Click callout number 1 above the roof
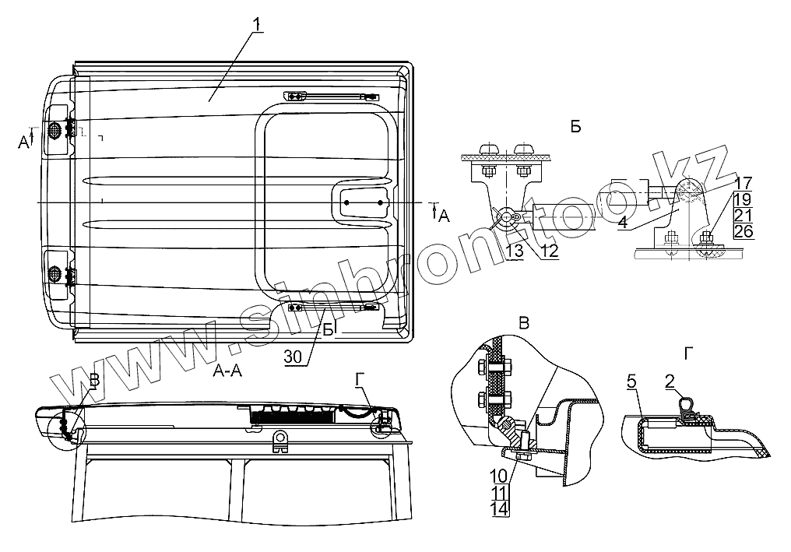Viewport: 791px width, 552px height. click(x=257, y=24)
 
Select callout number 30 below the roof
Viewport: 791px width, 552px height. click(x=293, y=357)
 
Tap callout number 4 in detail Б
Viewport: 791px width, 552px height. click(x=623, y=222)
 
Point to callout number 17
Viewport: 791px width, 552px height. click(x=744, y=183)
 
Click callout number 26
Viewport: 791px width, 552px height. click(x=744, y=231)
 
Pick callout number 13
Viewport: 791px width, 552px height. click(x=515, y=251)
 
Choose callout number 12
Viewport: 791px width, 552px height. click(x=550, y=250)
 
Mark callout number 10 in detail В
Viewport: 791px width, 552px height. click(x=498, y=475)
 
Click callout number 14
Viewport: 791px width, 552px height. click(x=498, y=508)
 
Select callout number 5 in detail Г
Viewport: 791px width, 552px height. click(x=632, y=382)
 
